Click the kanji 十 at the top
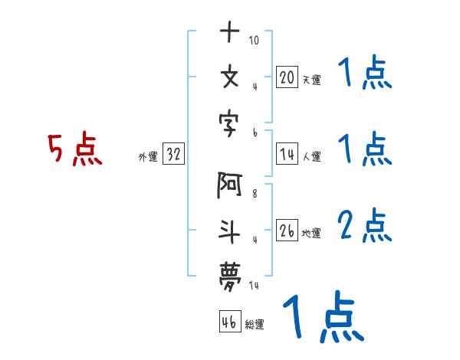click(230, 33)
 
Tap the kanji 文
click(230, 77)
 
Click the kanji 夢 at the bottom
click(230, 273)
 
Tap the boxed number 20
click(287, 77)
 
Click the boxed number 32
click(173, 155)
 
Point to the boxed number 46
click(228, 322)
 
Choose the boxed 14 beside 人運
click(287, 154)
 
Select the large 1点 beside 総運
click(322, 318)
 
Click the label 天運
click(311, 80)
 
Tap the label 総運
click(255, 325)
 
